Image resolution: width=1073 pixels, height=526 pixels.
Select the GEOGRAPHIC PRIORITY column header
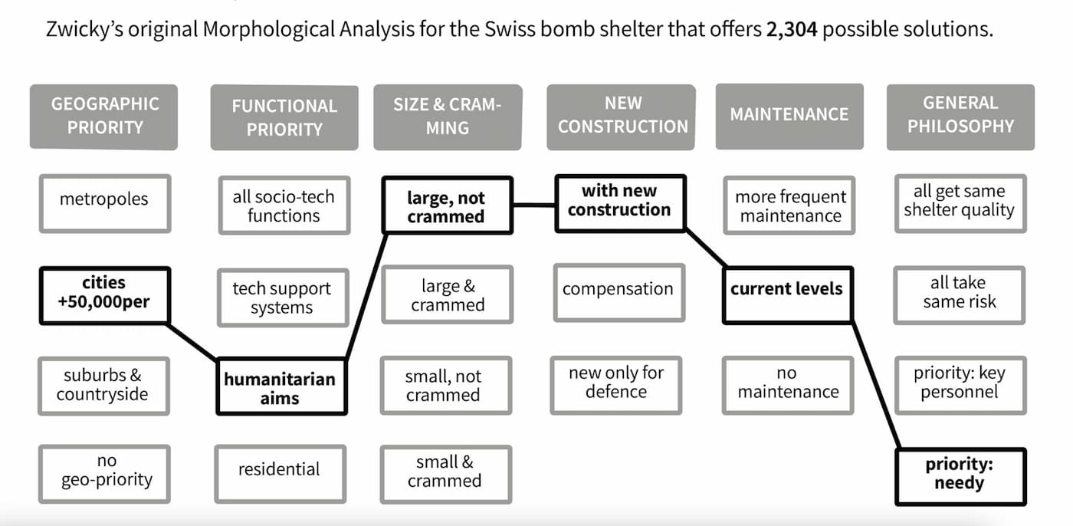[104, 116]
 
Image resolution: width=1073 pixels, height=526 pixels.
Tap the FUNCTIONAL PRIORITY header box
[284, 117]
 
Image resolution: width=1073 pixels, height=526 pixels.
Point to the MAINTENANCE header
[789, 115]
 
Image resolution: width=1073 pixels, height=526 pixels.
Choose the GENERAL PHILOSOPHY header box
[960, 115]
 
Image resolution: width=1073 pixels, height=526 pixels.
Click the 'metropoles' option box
[104, 202]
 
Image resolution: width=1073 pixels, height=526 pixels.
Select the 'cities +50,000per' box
[103, 294]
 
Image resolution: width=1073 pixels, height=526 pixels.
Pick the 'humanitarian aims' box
[280, 388]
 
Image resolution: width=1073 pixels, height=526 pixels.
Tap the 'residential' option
[279, 469]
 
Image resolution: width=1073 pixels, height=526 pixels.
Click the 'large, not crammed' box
[446, 206]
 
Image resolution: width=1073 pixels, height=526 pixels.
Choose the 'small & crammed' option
[445, 472]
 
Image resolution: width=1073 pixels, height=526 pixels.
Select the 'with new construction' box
[619, 201]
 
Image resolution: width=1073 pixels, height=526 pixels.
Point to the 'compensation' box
[618, 290]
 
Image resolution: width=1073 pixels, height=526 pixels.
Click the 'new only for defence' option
[616, 382]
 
